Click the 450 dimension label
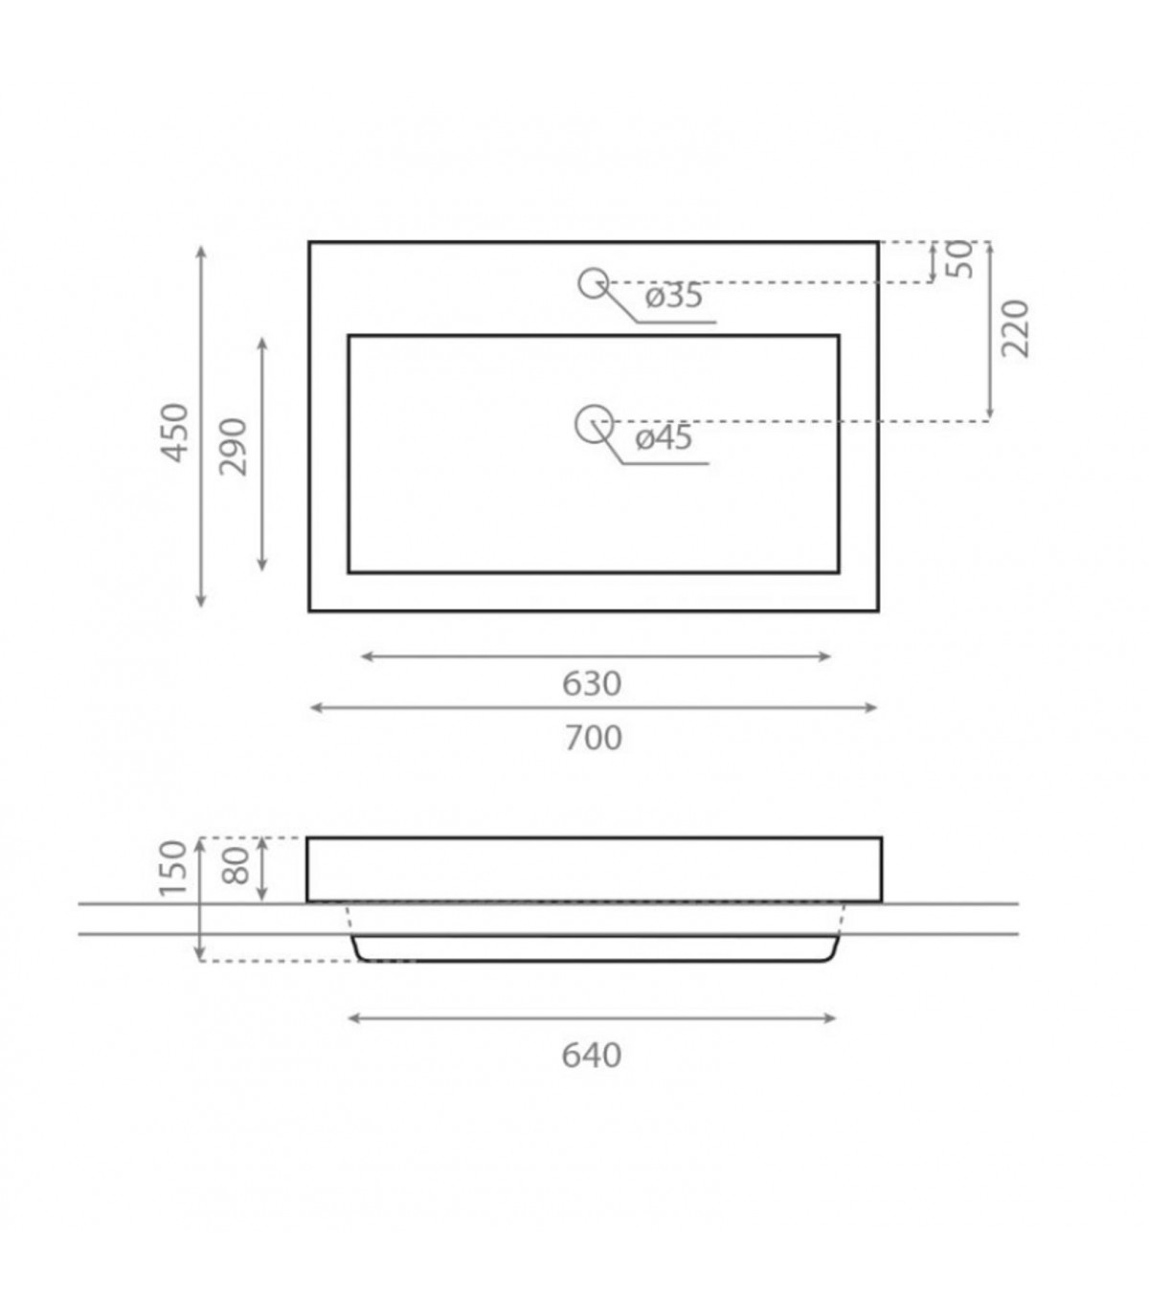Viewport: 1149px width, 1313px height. click(x=174, y=432)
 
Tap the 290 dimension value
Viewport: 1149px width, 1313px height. click(x=233, y=447)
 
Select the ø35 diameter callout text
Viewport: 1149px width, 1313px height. click(x=674, y=296)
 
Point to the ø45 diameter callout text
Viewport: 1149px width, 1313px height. click(x=665, y=437)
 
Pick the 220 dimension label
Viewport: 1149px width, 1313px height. click(x=1015, y=328)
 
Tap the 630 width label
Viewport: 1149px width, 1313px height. click(x=592, y=683)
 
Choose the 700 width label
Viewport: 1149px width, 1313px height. click(x=594, y=738)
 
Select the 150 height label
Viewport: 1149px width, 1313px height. click(x=173, y=868)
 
